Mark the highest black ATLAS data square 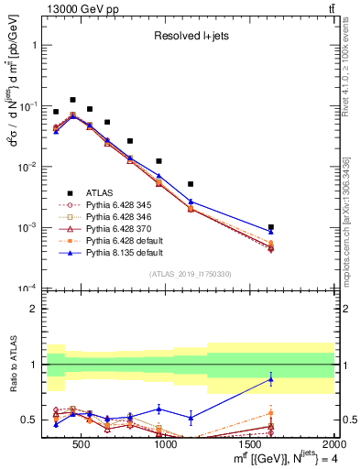72,100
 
